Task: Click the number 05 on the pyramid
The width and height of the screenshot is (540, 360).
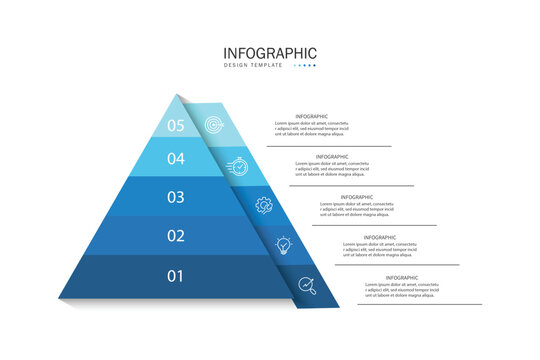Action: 176,125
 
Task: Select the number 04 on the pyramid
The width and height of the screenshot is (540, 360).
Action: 176,158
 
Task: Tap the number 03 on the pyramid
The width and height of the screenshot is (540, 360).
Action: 176,197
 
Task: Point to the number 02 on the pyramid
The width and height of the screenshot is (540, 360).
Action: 176,236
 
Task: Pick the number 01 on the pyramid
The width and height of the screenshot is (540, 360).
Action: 176,275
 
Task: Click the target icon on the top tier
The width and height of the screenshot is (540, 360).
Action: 212,125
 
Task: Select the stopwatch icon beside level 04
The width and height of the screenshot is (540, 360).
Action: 239,165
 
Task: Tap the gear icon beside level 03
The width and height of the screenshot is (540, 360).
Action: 263,205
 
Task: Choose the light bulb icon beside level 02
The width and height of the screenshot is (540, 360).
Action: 284,245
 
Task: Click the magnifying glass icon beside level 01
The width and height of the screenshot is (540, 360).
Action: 306,285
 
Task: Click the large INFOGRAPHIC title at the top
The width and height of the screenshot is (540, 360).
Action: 270,52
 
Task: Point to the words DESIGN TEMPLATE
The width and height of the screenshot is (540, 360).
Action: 253,66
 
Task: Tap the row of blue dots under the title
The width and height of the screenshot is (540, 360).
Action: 304,66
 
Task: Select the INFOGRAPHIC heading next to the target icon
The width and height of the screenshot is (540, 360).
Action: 311,116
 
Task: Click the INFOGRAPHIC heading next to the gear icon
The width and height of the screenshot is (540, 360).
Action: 357,197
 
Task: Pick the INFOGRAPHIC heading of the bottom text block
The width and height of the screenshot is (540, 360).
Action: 402,277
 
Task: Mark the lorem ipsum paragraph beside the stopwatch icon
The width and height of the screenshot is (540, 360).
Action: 341,169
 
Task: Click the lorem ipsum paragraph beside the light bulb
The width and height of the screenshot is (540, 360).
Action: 386,249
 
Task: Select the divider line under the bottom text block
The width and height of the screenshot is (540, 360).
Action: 411,304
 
